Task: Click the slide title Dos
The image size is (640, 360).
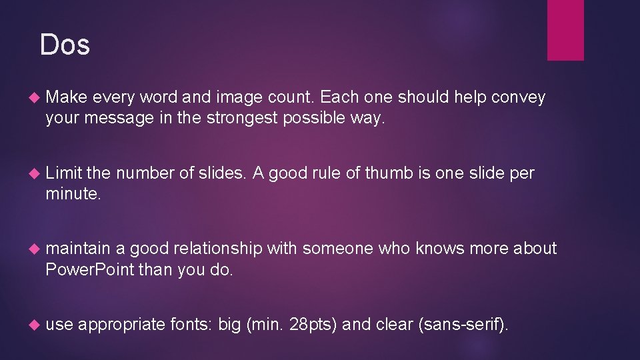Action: [x=65, y=45]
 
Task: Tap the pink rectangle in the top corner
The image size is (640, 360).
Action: [x=565, y=30]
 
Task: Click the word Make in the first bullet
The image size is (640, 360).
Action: [x=67, y=97]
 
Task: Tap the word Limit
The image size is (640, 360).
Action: [x=63, y=173]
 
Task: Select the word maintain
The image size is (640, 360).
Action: [x=78, y=249]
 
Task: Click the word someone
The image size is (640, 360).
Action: [x=338, y=249]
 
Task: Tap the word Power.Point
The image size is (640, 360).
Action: [x=90, y=270]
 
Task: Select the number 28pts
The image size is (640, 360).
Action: [x=315, y=325]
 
